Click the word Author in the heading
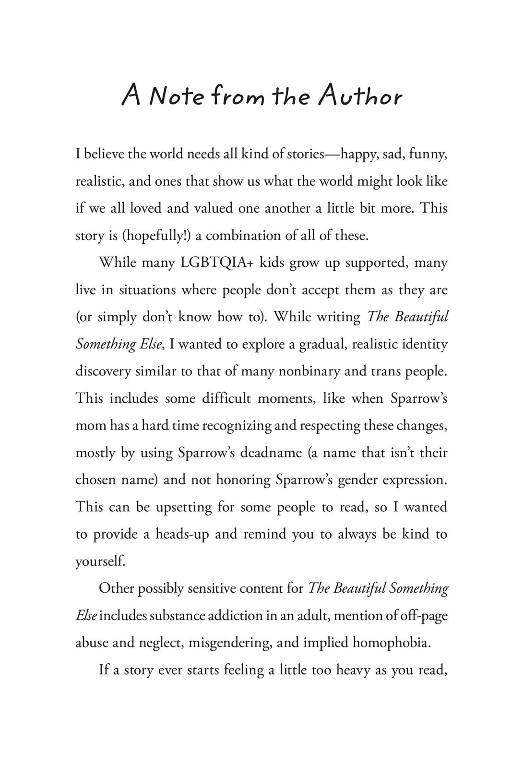(359, 96)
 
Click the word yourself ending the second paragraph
(100, 562)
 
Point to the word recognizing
(237, 426)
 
